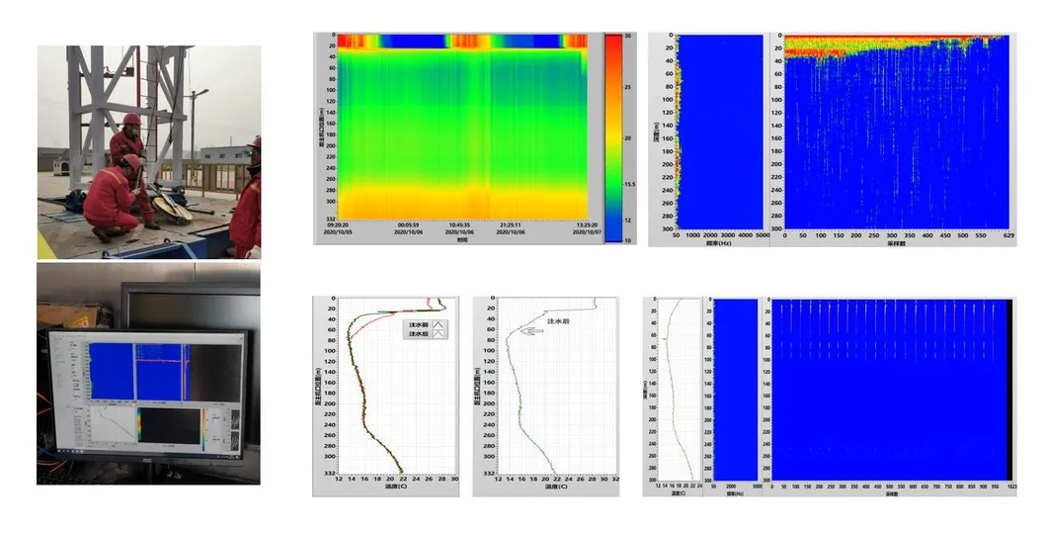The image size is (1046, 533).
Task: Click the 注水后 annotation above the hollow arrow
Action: click(559, 321)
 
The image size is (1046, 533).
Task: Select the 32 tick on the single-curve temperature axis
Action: click(615, 480)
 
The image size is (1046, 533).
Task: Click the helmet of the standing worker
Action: click(130, 120)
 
